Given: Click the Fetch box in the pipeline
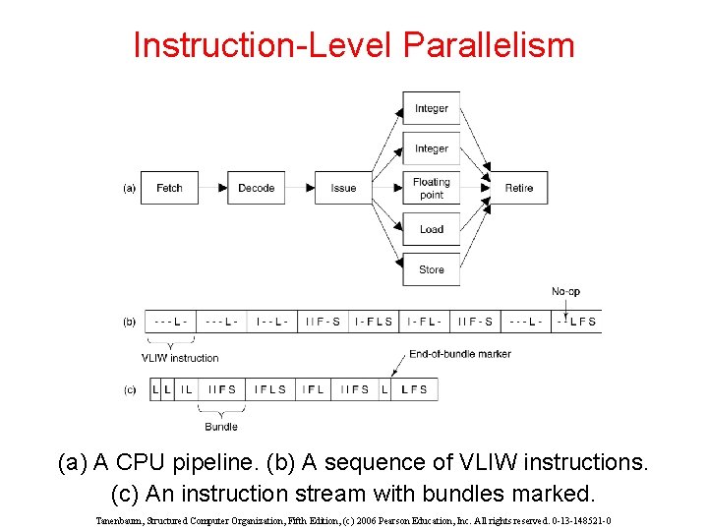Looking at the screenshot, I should pyautogui.click(x=169, y=188).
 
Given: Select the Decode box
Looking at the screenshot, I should pyautogui.click(x=256, y=188).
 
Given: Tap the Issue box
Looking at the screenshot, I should pyautogui.click(x=343, y=188).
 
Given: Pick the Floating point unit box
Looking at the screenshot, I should pyautogui.click(x=431, y=188).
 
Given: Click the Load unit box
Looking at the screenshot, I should pyautogui.click(x=431, y=229).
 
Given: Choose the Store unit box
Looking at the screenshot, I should pyautogui.click(x=431, y=269).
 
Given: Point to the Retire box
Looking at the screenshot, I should pyautogui.click(x=518, y=188).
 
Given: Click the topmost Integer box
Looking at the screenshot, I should pyautogui.click(x=431, y=108).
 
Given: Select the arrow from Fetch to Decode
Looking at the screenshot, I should pyautogui.click(x=212, y=188).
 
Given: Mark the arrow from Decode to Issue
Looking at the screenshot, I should pyautogui.click(x=299, y=188).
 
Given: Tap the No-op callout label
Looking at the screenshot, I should pyautogui.click(x=565, y=291).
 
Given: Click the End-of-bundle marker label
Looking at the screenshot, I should pyautogui.click(x=460, y=354).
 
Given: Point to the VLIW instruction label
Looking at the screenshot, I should pyautogui.click(x=180, y=358).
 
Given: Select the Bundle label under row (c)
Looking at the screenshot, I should pyautogui.click(x=221, y=427).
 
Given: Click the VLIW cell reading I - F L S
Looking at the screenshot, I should pyautogui.click(x=374, y=322).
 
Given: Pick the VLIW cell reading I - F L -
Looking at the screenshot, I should pyautogui.click(x=425, y=322).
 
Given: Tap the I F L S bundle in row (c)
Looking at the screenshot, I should pyautogui.click(x=269, y=389).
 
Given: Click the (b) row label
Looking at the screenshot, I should pyautogui.click(x=129, y=322).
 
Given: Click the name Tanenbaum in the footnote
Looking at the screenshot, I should pyautogui.click(x=121, y=520).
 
